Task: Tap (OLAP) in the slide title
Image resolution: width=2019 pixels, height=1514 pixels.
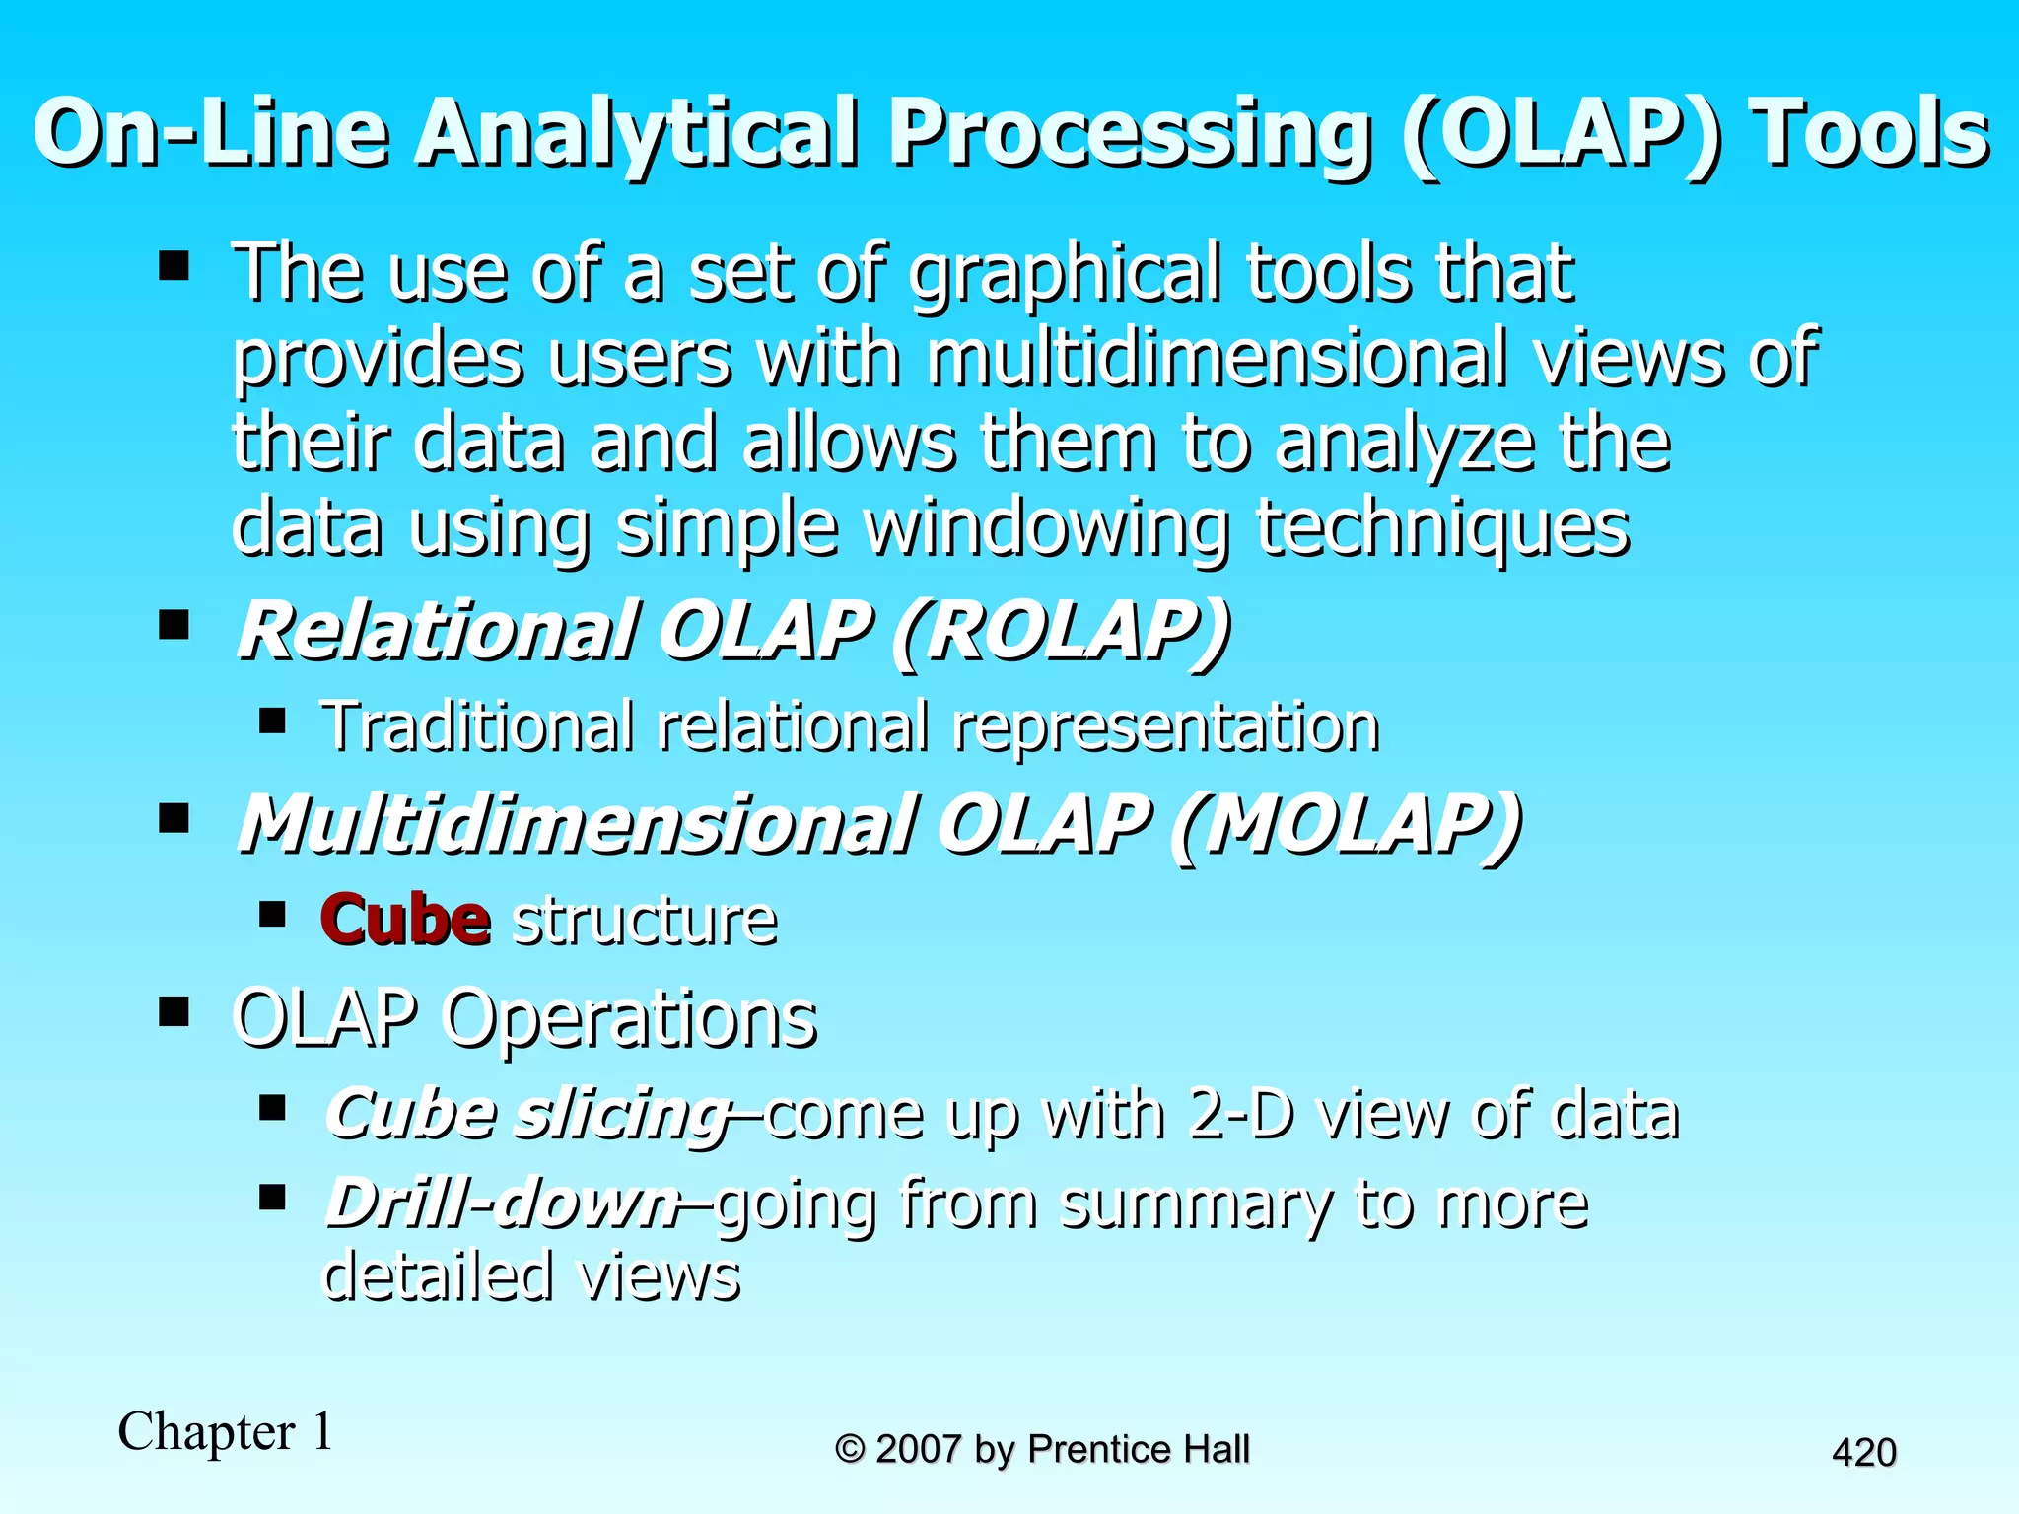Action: click(x=1564, y=135)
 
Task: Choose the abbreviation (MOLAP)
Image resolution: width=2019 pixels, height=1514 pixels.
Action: click(x=1347, y=824)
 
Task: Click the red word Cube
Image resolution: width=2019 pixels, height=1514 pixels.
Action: click(x=404, y=920)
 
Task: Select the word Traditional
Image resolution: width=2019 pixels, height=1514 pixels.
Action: click(x=477, y=726)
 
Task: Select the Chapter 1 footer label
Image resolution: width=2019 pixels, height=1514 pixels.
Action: click(x=225, y=1431)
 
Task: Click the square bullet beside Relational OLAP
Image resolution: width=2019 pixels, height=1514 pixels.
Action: click(x=174, y=625)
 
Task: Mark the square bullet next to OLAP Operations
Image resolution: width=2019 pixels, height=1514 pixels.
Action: click(x=174, y=1011)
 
